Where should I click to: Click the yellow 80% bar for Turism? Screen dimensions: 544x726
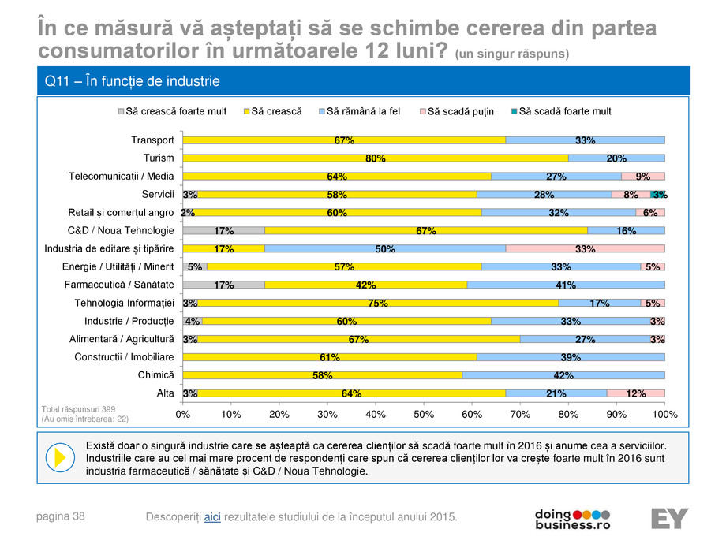[376, 158]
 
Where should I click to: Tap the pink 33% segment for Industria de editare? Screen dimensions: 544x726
[586, 248]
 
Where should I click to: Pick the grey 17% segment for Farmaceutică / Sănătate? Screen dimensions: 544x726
[224, 285]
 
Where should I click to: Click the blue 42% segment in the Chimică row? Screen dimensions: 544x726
[563, 374]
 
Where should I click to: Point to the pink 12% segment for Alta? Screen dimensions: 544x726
[636, 393]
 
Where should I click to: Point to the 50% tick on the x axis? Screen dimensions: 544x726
[424, 413]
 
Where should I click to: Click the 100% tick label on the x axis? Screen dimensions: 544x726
[664, 413]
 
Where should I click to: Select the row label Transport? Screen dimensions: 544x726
[152, 140]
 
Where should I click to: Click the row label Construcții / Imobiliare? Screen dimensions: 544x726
[125, 356]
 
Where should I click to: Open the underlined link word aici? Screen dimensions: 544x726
[212, 516]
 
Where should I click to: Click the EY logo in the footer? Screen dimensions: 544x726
[669, 518]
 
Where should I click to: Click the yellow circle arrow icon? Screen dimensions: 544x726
[59, 458]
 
